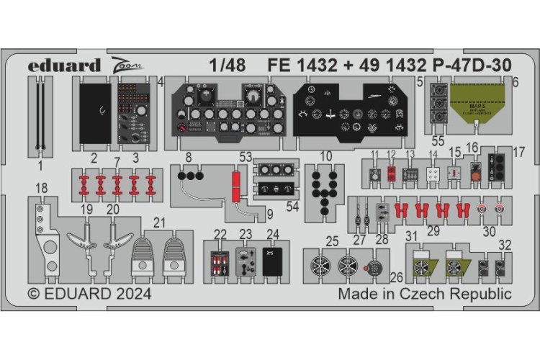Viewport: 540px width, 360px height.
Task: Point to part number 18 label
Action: pyautogui.click(x=41, y=188)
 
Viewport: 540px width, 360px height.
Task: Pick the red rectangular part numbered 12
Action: pyautogui.click(x=391, y=173)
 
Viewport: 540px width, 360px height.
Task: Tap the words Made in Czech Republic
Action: pyautogui.click(x=425, y=294)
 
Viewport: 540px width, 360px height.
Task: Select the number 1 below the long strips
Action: pyautogui.click(x=40, y=165)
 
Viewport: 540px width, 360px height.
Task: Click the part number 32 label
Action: pyautogui.click(x=506, y=245)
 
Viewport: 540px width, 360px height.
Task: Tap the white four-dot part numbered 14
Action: pyautogui.click(x=433, y=174)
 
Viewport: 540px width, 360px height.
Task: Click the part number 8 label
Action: pyautogui.click(x=188, y=157)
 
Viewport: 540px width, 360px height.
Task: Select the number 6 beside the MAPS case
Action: pyautogui.click(x=515, y=83)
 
